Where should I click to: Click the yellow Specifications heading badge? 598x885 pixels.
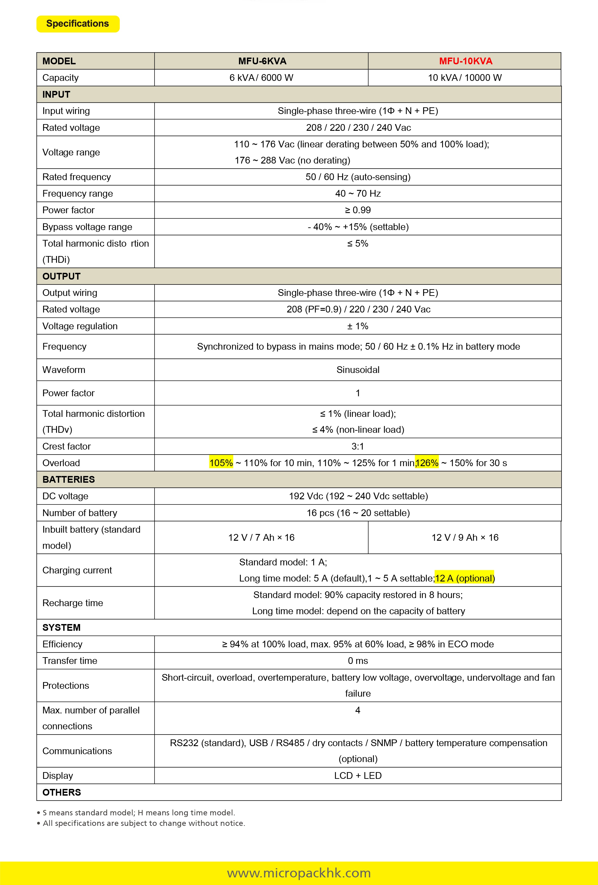click(x=78, y=24)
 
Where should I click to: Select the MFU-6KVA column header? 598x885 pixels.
click(x=262, y=61)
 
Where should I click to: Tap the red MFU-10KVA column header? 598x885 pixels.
click(x=465, y=61)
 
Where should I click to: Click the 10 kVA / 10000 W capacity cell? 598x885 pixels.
click(x=465, y=78)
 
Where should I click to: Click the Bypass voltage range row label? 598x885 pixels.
click(x=87, y=227)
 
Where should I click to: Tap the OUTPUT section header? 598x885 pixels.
click(x=61, y=276)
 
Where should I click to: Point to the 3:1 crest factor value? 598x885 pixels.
click(x=357, y=446)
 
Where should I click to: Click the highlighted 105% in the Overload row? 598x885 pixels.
click(x=221, y=463)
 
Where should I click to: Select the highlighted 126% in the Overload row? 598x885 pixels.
click(x=427, y=463)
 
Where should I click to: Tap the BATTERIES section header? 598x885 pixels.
click(x=69, y=479)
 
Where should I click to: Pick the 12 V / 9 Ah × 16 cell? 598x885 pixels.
click(x=465, y=537)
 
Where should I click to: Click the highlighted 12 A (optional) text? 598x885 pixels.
click(x=465, y=578)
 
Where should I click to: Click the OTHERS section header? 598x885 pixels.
click(x=62, y=792)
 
